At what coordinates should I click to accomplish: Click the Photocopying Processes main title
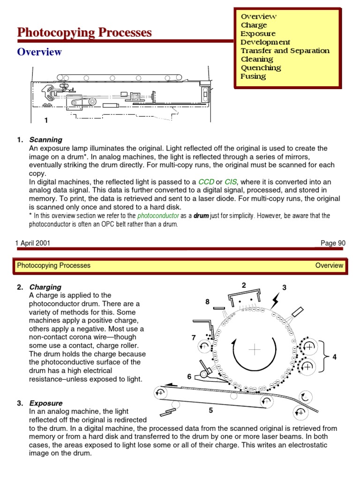click(x=84, y=32)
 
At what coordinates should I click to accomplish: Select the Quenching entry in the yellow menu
click(x=261, y=67)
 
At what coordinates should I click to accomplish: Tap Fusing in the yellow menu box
click(x=253, y=76)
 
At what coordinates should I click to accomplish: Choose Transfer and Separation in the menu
click(x=285, y=51)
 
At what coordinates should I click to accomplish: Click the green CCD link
click(x=206, y=181)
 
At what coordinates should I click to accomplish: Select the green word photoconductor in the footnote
click(x=158, y=216)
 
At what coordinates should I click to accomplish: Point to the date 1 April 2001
click(x=33, y=243)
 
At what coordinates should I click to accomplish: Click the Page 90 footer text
click(x=333, y=243)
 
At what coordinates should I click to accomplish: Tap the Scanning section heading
click(x=45, y=140)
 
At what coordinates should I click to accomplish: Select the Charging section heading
click(x=45, y=287)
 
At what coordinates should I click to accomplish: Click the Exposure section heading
click(x=45, y=403)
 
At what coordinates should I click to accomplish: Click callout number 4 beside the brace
click(x=335, y=357)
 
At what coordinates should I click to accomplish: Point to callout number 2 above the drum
click(x=244, y=285)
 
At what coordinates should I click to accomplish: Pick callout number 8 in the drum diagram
click(x=207, y=302)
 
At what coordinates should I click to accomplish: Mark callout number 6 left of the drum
click(x=189, y=376)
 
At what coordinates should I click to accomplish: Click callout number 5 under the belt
click(x=211, y=411)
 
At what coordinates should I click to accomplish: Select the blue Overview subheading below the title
click(x=39, y=52)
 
